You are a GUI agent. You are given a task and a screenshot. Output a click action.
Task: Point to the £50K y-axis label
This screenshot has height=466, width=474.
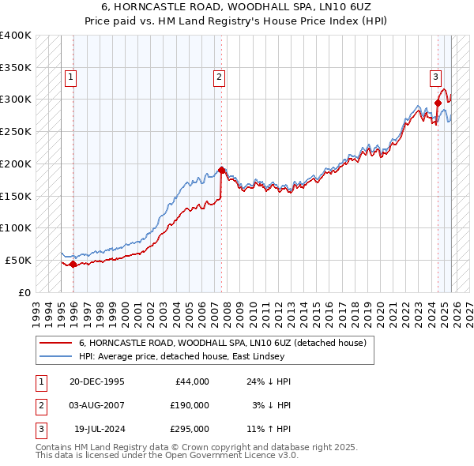19,260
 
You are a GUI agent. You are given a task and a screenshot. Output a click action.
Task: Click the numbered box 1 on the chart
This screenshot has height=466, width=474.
71,77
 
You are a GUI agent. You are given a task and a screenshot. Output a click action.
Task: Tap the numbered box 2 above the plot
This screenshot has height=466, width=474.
218,77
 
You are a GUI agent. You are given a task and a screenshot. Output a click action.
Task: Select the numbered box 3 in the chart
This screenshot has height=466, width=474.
435,77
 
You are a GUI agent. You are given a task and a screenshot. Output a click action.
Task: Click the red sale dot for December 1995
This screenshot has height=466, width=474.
73,264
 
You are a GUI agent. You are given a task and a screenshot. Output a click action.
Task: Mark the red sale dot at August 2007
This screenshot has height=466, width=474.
221,169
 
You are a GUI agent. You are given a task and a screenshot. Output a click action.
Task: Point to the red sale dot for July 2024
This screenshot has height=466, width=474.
438,102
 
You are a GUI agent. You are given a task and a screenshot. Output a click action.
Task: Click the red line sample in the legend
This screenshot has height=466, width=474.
57,344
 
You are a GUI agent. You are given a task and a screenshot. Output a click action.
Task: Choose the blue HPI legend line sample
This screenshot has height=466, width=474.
57,357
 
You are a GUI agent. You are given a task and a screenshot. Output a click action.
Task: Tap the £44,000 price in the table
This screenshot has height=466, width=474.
190,381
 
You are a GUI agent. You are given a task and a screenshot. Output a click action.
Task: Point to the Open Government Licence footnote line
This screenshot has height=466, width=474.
167,456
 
